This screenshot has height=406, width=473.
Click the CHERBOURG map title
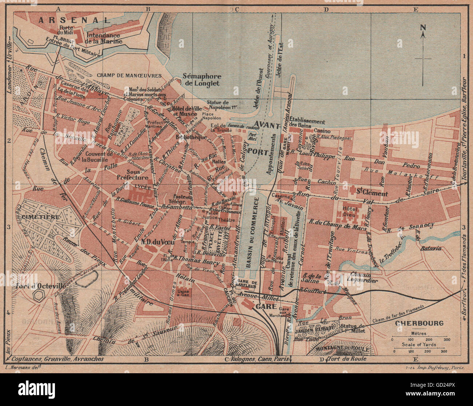(x=419, y=323)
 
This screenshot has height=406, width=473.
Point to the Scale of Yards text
(x=419, y=344)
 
